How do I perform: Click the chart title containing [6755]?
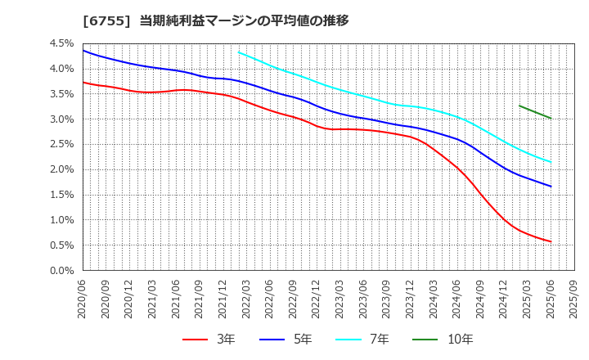pos(215,20)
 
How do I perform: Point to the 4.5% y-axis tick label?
pos(61,43)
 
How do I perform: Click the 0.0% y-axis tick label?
pos(61,271)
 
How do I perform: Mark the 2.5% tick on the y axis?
pos(61,145)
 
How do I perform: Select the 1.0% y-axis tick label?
pos(61,220)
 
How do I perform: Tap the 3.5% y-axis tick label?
pos(61,94)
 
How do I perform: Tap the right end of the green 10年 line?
pos(551,119)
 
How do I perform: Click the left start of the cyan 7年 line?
pos(239,52)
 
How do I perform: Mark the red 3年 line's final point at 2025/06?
pos(551,241)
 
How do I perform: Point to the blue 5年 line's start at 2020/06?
pos(83,51)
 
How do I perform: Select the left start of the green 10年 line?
pos(519,106)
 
